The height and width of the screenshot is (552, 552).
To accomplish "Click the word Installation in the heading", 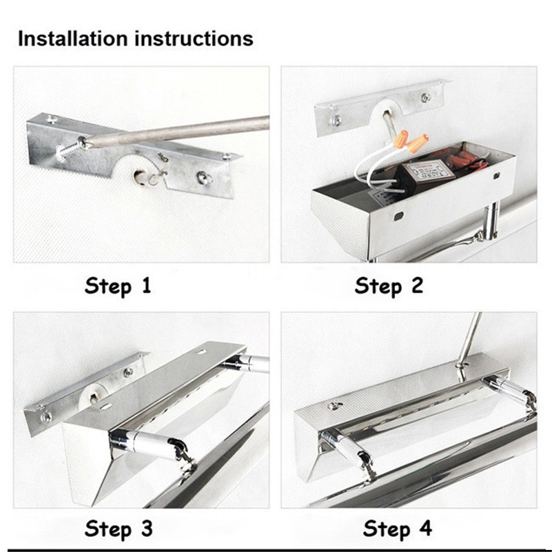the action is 72,39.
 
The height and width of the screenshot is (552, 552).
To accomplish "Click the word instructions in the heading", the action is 194,39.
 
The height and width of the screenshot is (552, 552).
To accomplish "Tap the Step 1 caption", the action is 118,286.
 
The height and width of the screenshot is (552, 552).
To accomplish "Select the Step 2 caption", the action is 389,286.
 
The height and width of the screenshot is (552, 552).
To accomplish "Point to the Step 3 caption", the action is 119,529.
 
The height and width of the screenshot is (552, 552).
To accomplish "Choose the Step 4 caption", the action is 398,529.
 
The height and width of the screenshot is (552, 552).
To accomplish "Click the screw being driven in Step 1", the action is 70,150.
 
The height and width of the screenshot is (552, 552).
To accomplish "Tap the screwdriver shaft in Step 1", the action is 176,130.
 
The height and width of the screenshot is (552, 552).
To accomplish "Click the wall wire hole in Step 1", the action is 137,174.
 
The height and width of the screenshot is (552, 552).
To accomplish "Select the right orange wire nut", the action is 418,141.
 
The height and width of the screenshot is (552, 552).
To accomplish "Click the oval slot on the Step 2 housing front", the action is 398,216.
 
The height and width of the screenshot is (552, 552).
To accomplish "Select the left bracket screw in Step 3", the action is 45,417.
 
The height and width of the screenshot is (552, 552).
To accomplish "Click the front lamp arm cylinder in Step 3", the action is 148,444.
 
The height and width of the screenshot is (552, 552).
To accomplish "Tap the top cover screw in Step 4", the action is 335,406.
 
